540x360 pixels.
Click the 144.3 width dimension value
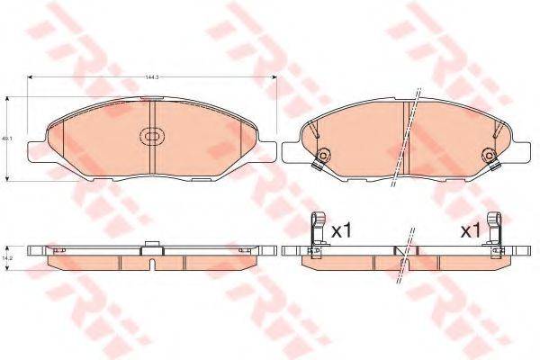pyautogui.click(x=150, y=77)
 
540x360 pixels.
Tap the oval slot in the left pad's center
pyautogui.click(x=151, y=138)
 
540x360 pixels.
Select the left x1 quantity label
pyautogui.click(x=339, y=231)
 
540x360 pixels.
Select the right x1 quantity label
pyautogui.click(x=470, y=231)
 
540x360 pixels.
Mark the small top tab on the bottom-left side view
pyautogui.click(x=151, y=243)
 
